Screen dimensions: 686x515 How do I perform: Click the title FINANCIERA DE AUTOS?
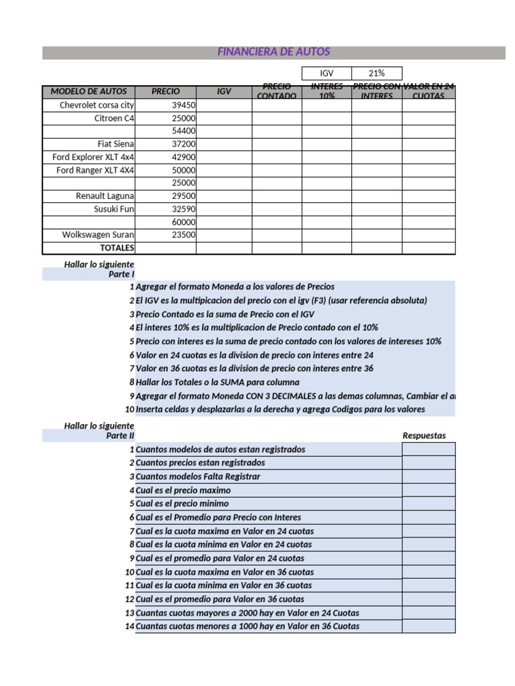click(x=274, y=52)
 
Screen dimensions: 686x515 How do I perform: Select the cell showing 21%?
click(x=377, y=73)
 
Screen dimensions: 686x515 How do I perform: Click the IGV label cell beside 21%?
click(x=327, y=73)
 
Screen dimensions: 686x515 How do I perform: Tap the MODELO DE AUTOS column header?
click(x=89, y=92)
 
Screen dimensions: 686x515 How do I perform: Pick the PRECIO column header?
click(x=166, y=92)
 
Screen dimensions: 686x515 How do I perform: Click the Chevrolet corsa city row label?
click(x=97, y=105)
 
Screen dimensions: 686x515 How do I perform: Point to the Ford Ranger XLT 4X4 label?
click(x=95, y=170)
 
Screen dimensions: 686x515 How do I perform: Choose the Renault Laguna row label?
click(x=105, y=196)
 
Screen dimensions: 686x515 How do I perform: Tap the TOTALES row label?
click(x=117, y=248)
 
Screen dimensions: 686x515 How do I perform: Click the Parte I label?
click(x=121, y=275)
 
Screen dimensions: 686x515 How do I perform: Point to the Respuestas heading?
click(x=424, y=436)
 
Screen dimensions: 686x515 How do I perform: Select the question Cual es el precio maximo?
click(x=183, y=490)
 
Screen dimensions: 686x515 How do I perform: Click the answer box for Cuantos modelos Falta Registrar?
click(x=428, y=476)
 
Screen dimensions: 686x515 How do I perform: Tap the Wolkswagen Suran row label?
click(x=99, y=235)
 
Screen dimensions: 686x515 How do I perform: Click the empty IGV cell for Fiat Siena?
click(x=224, y=144)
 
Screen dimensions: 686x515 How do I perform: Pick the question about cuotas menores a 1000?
click(x=247, y=626)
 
